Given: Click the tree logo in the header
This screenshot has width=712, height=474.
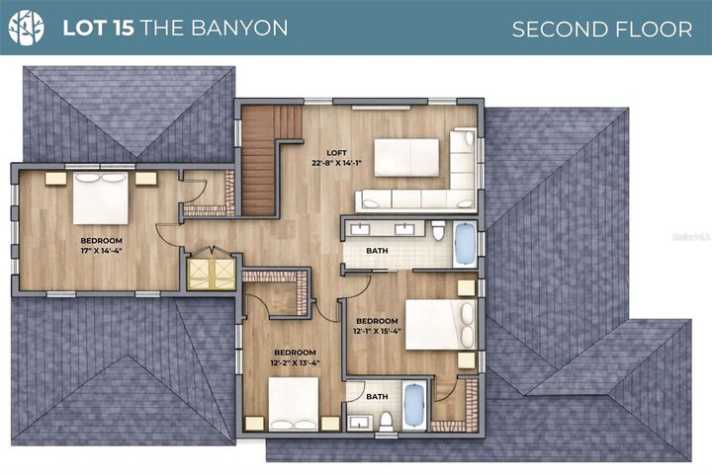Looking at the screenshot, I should (x=26, y=28).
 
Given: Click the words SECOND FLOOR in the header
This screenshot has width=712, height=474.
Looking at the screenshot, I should (x=601, y=29).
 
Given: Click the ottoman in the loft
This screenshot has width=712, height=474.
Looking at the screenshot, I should (x=405, y=157).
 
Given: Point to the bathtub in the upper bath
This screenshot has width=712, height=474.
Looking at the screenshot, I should (x=464, y=243).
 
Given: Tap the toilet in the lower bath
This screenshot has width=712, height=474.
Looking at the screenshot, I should (x=386, y=420).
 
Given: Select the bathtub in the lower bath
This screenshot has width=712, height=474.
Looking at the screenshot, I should (x=413, y=405).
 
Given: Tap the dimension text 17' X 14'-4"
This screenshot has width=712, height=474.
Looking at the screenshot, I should (x=101, y=251).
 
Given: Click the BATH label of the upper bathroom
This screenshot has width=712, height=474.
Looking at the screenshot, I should (x=377, y=251).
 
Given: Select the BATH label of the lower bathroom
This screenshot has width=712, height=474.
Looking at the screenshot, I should (x=377, y=397).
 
